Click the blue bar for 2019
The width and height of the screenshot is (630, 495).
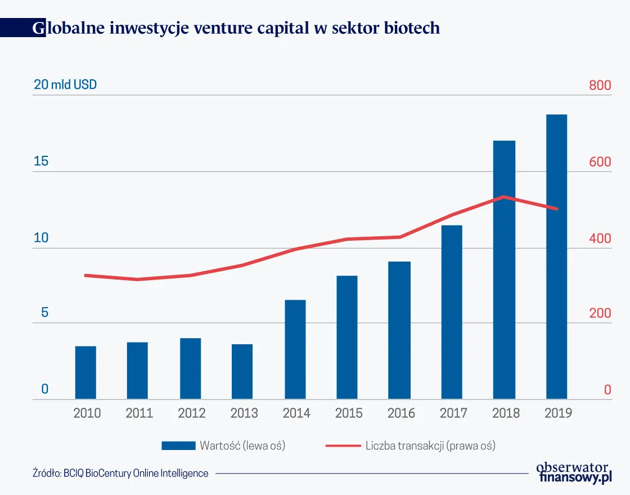(556, 257)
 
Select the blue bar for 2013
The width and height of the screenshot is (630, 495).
(242, 372)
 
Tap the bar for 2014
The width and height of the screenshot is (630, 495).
(295, 350)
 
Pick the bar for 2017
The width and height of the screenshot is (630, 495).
(452, 312)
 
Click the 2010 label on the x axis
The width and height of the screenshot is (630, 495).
(87, 413)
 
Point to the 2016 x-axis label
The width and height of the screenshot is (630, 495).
(401, 413)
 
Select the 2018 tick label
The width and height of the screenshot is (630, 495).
(506, 413)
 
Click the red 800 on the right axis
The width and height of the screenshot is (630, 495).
(600, 86)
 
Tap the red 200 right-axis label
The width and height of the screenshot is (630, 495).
(600, 313)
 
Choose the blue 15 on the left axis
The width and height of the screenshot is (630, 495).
(41, 162)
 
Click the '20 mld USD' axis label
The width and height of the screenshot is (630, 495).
(65, 85)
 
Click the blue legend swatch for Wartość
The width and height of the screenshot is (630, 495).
(178, 445)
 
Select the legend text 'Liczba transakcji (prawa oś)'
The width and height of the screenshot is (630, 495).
(430, 446)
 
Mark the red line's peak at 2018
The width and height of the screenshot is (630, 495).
(504, 197)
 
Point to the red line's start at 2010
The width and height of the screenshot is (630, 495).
(85, 275)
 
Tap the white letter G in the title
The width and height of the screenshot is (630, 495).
(39, 29)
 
